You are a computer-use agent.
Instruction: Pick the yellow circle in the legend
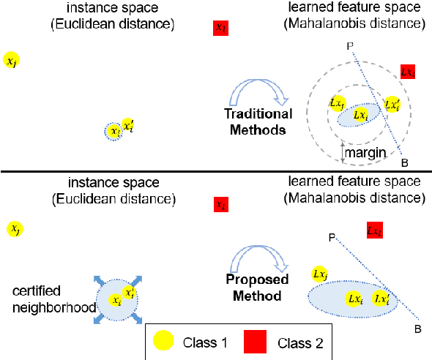tap(165, 340)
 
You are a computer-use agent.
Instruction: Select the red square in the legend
tap(253, 340)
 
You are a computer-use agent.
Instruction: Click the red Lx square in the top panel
tap(408, 72)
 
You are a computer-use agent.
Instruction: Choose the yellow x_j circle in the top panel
tap(11, 61)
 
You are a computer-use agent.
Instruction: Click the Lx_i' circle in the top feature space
tap(392, 105)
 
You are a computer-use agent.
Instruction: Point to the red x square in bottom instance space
tap(219, 205)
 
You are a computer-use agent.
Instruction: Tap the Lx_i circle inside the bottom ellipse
tap(355, 299)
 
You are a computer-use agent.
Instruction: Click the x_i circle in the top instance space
tap(113, 132)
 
